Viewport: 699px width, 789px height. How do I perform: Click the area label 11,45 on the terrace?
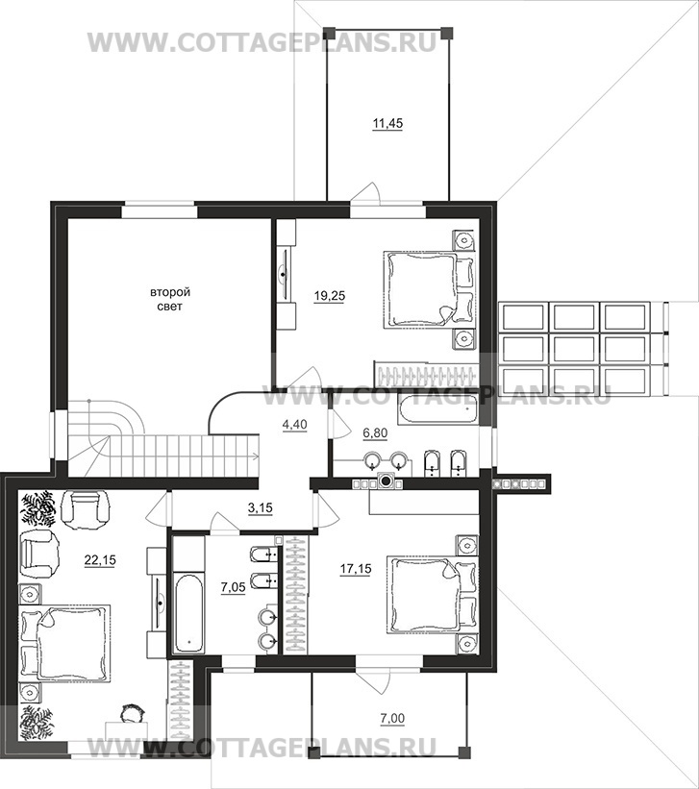click(387, 123)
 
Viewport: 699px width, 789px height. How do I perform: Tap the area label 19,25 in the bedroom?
click(330, 296)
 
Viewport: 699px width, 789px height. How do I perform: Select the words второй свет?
click(170, 299)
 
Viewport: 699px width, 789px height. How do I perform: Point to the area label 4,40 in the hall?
click(294, 425)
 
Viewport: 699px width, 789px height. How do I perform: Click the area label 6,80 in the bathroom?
click(375, 432)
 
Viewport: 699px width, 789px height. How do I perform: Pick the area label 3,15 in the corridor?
click(260, 507)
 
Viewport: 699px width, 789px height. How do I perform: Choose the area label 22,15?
click(100, 559)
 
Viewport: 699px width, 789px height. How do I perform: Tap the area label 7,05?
click(234, 587)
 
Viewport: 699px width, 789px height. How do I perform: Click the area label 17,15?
click(356, 569)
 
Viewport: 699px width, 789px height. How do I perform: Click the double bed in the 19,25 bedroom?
click(429, 290)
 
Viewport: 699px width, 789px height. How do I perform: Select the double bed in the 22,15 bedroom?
click(64, 644)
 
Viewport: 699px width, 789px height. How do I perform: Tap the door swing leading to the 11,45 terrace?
click(366, 193)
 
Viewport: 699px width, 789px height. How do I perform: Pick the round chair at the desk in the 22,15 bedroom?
click(133, 714)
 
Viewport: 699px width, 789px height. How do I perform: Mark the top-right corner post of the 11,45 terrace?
click(443, 33)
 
